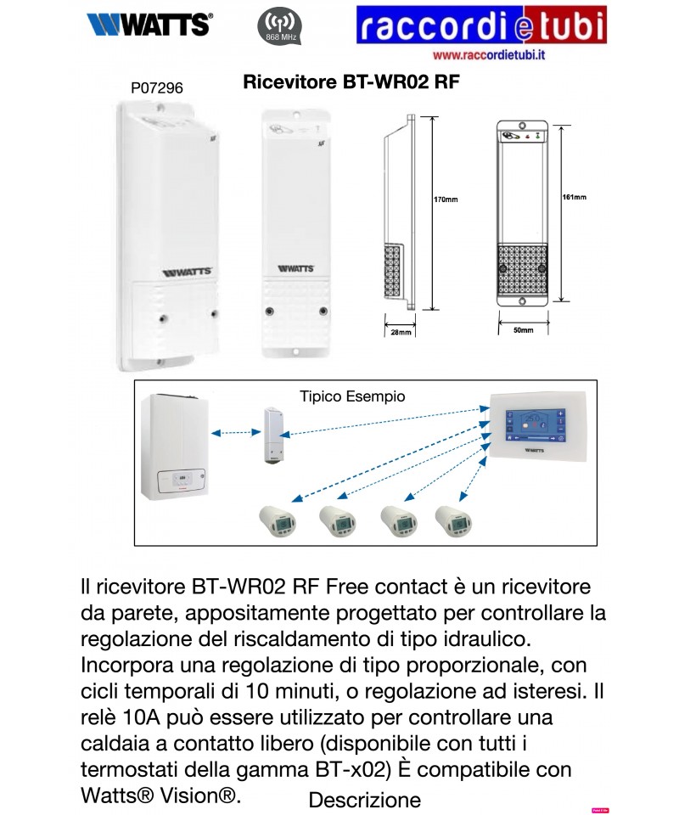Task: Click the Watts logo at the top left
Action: coord(149,25)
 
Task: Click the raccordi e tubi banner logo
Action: coord(481,25)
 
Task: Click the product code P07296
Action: coord(157,87)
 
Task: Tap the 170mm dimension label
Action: coord(446,200)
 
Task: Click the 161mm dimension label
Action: coord(575,197)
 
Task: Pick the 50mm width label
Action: coord(524,329)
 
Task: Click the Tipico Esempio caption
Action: coord(352,396)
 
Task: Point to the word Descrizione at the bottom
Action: coord(364,800)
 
